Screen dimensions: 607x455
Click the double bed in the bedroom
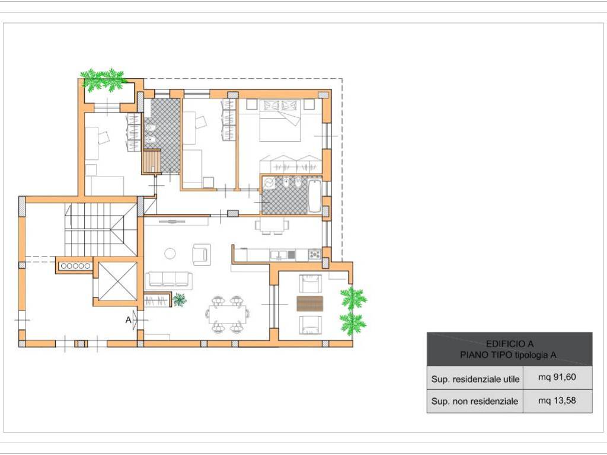click(x=280, y=120)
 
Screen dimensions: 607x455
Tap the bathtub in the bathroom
click(x=314, y=196)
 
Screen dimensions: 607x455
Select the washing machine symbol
click(x=269, y=182)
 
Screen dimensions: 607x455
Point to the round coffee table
click(x=170, y=254)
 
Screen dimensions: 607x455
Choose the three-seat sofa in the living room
click(x=169, y=280)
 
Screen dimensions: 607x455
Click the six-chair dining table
click(x=228, y=314)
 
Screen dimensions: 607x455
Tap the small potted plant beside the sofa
click(x=179, y=299)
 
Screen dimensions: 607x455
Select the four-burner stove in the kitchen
click(x=315, y=255)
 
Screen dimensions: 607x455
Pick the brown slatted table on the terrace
click(x=309, y=303)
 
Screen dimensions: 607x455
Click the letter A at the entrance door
click(x=129, y=320)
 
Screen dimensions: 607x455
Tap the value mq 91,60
click(x=557, y=377)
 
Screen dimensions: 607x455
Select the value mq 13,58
click(x=557, y=400)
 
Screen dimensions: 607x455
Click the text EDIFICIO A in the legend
click(x=509, y=344)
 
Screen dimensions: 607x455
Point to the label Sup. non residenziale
click(x=475, y=401)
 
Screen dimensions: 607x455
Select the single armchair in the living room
click(x=202, y=254)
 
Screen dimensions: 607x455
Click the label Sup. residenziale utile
click(x=475, y=379)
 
